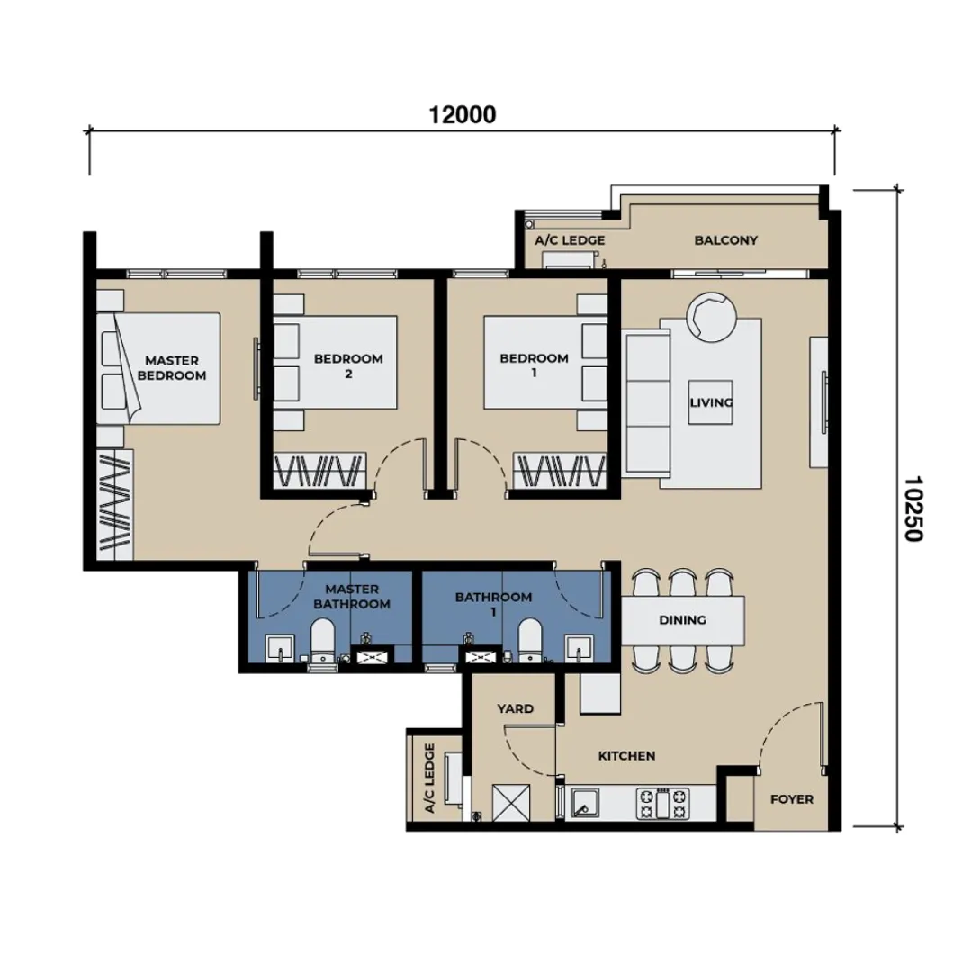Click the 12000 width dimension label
(463, 114)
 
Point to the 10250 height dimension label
(913, 508)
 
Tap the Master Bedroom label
(172, 367)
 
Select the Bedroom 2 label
(348, 365)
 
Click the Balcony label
(726, 240)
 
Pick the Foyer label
(792, 799)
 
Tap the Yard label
(515, 708)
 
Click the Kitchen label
(626, 756)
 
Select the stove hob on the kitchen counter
(662, 803)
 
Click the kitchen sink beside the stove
(585, 804)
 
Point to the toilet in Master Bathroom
(321, 644)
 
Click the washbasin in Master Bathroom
(281, 649)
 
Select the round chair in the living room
(711, 317)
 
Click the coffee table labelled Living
(710, 402)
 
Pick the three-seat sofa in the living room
(646, 403)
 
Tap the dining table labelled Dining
(682, 620)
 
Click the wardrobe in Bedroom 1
(560, 471)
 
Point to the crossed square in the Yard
(511, 803)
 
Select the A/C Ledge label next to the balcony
(570, 240)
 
